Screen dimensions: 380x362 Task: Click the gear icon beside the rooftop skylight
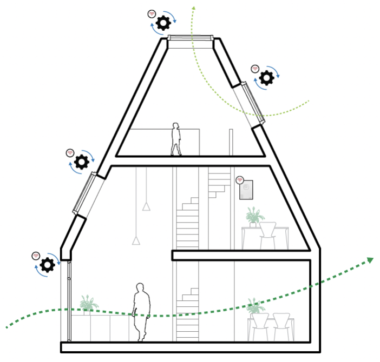[163, 23]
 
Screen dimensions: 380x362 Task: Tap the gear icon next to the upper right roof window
[266, 78]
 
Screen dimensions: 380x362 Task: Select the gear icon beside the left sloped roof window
[82, 162]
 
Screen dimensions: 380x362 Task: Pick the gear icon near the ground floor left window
[48, 264]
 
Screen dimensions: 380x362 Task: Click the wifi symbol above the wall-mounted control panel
[240, 179]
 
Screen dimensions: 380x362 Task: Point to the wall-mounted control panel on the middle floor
[246, 190]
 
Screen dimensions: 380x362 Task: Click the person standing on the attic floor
[175, 139]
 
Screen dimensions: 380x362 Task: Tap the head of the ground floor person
[140, 288]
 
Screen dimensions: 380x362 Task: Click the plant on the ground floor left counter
[88, 304]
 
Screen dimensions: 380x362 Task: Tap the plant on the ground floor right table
[254, 307]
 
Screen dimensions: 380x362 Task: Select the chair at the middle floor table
[268, 235]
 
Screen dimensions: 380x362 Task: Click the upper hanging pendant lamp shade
[146, 206]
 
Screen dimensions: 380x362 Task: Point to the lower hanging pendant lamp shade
[136, 240]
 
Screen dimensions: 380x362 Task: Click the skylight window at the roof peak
[189, 38]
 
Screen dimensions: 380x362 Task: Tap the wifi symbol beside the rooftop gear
[152, 14]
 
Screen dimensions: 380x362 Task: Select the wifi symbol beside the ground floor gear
[36, 254]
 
